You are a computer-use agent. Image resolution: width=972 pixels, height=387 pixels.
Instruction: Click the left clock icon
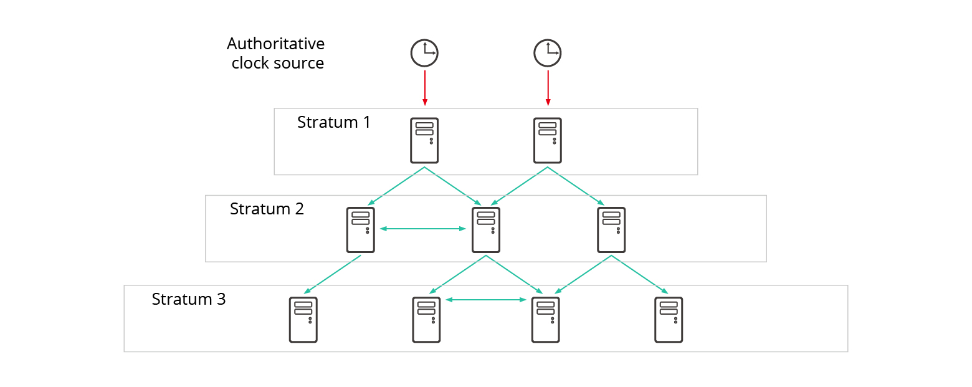pyautogui.click(x=424, y=53)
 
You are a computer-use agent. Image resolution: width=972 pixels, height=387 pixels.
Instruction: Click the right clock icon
pyautogui.click(x=548, y=53)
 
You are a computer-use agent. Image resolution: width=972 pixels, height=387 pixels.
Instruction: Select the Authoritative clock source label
pyautogui.click(x=276, y=54)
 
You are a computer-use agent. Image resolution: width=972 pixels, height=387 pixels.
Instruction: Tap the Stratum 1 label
pyautogui.click(x=333, y=122)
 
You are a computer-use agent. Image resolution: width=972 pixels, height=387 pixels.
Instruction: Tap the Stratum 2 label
pyautogui.click(x=267, y=209)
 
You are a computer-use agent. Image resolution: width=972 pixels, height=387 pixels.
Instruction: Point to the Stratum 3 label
pyautogui.click(x=189, y=299)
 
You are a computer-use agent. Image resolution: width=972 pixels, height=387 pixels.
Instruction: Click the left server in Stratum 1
pyautogui.click(x=424, y=141)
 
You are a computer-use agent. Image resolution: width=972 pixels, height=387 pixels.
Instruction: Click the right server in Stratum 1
pyautogui.click(x=548, y=141)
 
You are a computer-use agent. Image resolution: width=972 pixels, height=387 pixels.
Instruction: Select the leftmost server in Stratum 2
pyautogui.click(x=361, y=230)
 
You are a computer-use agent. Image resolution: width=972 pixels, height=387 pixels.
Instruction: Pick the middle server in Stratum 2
pyautogui.click(x=486, y=230)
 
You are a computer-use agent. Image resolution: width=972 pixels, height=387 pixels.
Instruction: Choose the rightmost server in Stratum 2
pyautogui.click(x=611, y=230)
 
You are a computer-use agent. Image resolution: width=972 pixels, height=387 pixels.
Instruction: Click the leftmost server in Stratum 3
pyautogui.click(x=303, y=320)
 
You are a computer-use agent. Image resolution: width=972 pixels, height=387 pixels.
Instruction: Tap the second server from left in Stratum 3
pyautogui.click(x=426, y=320)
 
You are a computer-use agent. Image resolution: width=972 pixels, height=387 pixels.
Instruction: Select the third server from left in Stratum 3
pyautogui.click(x=545, y=320)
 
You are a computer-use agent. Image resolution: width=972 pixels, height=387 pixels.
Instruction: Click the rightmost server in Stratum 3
pyautogui.click(x=669, y=320)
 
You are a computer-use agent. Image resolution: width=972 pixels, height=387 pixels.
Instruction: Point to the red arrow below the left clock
pyautogui.click(x=424, y=87)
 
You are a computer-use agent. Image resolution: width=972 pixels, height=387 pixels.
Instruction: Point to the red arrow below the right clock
pyautogui.click(x=548, y=87)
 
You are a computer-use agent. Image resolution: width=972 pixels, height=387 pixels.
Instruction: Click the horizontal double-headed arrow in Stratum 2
pyautogui.click(x=423, y=229)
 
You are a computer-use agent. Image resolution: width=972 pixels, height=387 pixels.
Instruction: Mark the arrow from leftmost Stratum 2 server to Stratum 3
pyautogui.click(x=333, y=274)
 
